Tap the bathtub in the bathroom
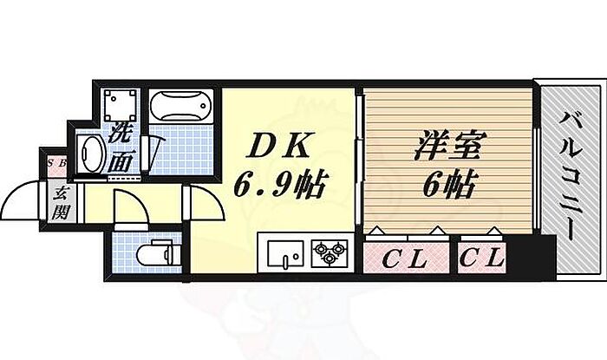tap(181, 108)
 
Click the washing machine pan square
tap(117, 107)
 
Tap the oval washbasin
tap(90, 154)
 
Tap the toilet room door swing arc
tap(126, 208)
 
